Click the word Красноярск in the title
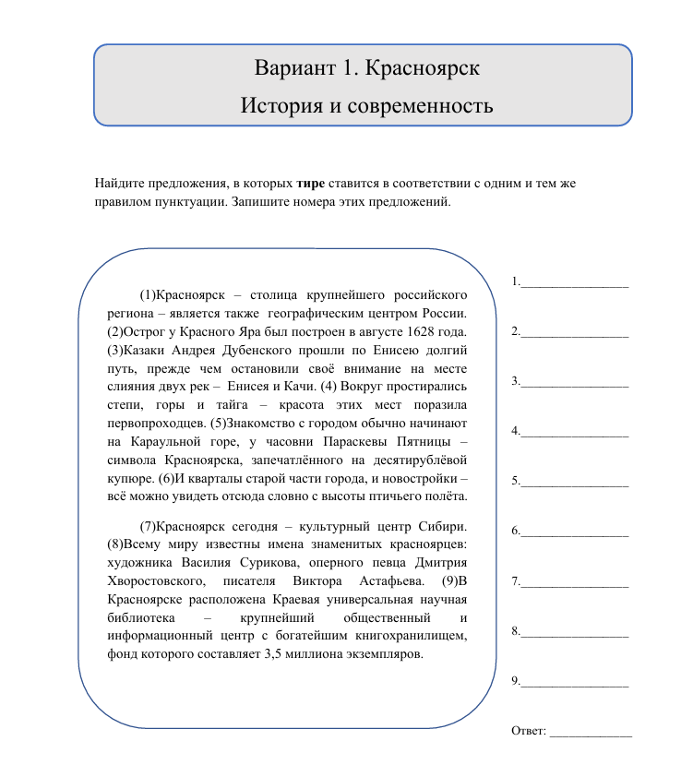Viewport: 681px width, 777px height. tap(423, 69)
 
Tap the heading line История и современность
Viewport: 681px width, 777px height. tap(366, 105)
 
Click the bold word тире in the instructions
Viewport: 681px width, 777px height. tap(310, 183)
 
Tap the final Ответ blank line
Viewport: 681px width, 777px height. tap(591, 731)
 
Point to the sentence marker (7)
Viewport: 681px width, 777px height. tap(149, 527)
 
